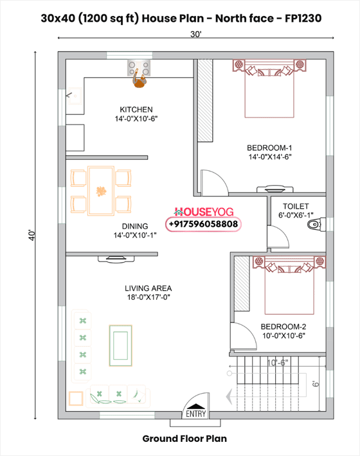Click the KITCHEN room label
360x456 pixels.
pyautogui.click(x=136, y=109)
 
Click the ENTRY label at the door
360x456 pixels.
pyautogui.click(x=196, y=414)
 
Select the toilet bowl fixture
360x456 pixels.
pyautogui.click(x=314, y=224)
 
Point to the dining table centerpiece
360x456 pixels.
pyautogui.click(x=101, y=191)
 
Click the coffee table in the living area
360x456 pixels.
pyautogui.click(x=120, y=345)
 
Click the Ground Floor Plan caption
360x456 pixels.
pyautogui.click(x=184, y=439)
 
